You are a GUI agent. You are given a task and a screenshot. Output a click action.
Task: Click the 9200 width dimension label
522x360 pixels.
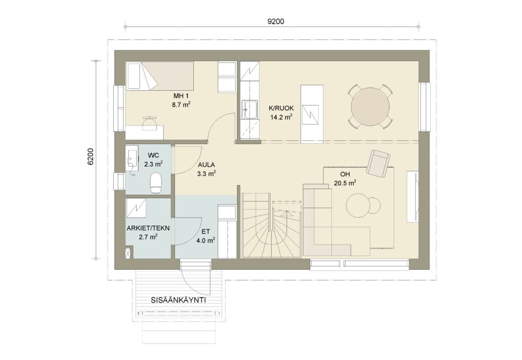(276, 21)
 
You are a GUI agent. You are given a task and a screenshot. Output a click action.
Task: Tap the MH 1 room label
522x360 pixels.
(181, 96)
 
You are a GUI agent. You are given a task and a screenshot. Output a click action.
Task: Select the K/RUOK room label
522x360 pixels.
(281, 108)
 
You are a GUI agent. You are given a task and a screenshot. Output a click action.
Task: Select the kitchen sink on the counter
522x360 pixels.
(249, 109)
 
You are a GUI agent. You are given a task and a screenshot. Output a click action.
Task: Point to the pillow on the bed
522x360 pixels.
(134, 76)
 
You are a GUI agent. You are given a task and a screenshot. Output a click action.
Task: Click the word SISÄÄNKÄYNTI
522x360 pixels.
(178, 300)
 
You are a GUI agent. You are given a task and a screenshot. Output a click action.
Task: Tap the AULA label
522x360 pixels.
(206, 165)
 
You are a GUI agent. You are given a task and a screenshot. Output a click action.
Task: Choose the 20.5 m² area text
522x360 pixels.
(345, 183)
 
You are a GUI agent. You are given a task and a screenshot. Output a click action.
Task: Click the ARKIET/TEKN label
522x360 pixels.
(148, 228)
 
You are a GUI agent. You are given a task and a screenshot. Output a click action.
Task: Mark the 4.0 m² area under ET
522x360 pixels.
(205, 240)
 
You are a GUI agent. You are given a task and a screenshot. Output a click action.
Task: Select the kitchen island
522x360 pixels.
(312, 114)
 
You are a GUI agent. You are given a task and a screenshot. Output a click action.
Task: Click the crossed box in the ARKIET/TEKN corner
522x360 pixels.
(128, 252)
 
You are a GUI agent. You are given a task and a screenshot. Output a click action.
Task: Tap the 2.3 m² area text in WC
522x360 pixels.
(153, 164)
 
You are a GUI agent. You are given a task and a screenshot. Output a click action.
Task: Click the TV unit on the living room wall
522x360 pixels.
(413, 196)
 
